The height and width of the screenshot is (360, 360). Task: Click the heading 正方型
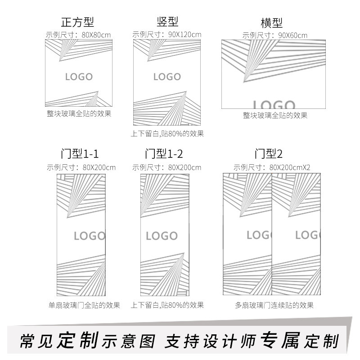click(77, 22)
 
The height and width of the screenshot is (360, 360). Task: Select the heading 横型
click(271, 23)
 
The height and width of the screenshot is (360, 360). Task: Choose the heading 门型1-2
click(164, 154)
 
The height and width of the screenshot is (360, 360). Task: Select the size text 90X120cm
click(184, 35)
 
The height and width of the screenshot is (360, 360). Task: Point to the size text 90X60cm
click(292, 35)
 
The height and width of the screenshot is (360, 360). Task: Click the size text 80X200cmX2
click(290, 167)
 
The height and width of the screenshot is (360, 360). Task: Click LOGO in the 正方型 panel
click(79, 76)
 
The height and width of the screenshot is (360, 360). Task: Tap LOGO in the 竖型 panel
click(167, 76)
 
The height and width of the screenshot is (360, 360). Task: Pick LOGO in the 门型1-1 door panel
click(89, 236)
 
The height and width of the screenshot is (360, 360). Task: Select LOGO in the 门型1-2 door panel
click(162, 236)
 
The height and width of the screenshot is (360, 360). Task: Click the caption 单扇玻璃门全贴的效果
click(84, 306)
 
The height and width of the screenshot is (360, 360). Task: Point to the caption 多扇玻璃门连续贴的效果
click(274, 306)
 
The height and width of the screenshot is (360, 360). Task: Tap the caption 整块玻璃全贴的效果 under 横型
click(274, 116)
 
